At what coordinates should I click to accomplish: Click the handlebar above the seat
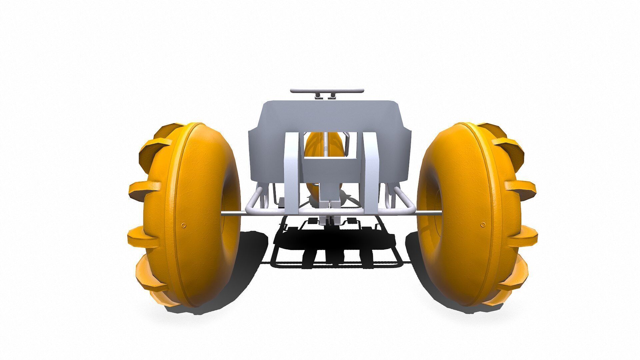[x=327, y=90]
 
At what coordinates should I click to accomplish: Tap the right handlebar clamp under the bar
[x=332, y=96]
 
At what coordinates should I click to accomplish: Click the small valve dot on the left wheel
[x=183, y=225]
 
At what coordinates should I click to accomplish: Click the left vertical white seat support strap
[x=291, y=173]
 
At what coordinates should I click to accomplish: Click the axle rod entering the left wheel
[x=230, y=214]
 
